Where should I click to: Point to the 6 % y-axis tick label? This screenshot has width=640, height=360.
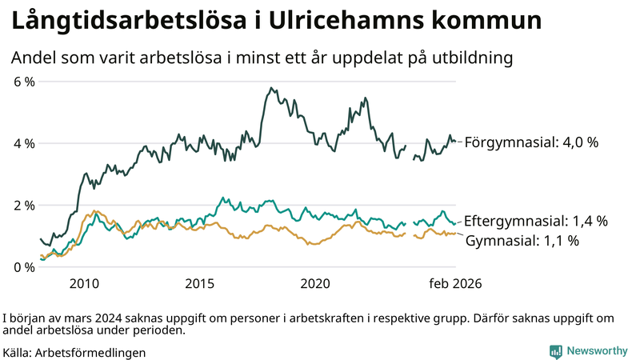pos(25,82)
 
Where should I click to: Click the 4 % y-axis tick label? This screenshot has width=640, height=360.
pos(25,143)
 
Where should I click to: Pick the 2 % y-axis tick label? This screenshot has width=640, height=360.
pos(25,205)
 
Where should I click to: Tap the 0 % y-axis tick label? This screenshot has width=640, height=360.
pos(25,266)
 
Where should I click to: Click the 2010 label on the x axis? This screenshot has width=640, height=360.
pos(84,283)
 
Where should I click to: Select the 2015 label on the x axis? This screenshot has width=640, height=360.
pos(200,283)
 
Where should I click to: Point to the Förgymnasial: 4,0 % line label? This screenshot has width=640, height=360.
pos(531,142)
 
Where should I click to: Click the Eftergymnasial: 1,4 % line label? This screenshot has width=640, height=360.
pos(536,222)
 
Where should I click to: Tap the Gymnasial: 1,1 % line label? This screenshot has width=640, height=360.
pos(522,240)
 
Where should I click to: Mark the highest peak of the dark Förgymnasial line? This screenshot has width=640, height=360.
pos(271,88)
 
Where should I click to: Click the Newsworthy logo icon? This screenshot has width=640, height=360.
pos(555,351)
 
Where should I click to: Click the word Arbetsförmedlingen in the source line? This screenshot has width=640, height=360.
pos(91,351)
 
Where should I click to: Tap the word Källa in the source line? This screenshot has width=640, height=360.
pos(17,351)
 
